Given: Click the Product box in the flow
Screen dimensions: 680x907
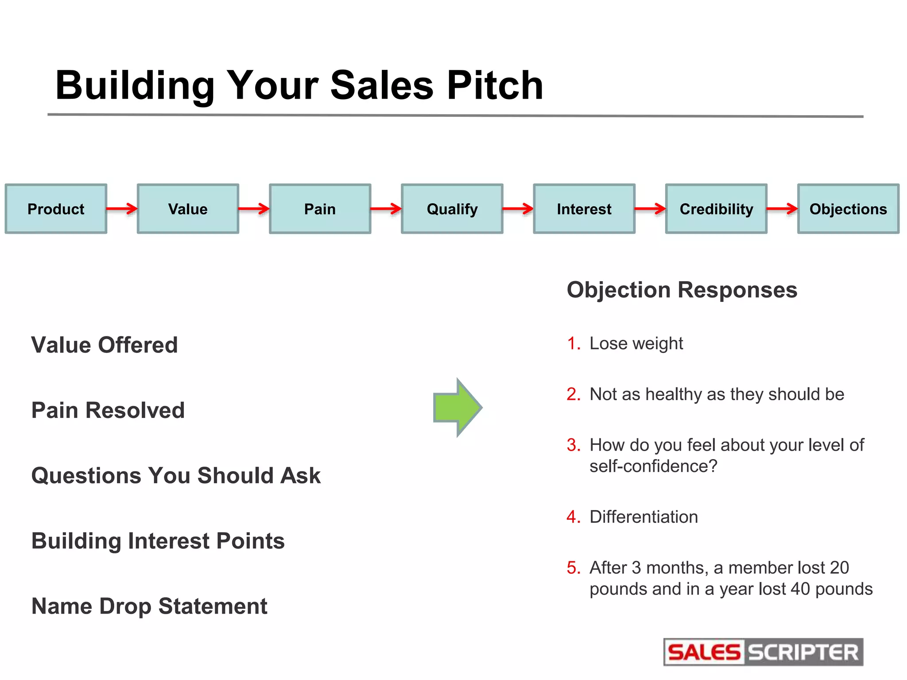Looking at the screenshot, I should click(x=56, y=209).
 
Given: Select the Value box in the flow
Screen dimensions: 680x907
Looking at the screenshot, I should click(x=188, y=209).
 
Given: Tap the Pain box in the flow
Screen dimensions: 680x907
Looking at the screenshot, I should click(x=320, y=209).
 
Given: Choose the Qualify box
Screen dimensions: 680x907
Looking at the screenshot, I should click(x=452, y=209).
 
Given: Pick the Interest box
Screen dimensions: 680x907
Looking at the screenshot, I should click(x=584, y=209).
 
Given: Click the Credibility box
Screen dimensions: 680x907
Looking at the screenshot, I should click(x=716, y=209).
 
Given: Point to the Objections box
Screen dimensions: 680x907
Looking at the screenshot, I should click(x=848, y=209).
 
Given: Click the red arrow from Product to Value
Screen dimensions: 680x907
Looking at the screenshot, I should click(x=122, y=208).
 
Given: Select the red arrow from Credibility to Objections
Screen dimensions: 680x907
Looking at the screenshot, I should click(x=782, y=208).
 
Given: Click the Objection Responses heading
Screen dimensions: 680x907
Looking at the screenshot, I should click(x=682, y=290).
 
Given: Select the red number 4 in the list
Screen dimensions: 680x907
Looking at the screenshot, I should click(x=573, y=517).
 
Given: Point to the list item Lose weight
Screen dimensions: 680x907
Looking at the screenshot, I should click(x=636, y=344).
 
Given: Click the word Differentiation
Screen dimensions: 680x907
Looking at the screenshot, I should click(x=643, y=517).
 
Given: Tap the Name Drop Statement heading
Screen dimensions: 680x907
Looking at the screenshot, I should click(x=149, y=606).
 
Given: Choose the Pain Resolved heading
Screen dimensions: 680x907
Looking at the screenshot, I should click(x=108, y=410).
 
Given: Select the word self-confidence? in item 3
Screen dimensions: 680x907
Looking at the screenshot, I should click(x=653, y=466).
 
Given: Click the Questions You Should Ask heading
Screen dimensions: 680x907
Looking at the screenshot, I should click(x=176, y=475).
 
